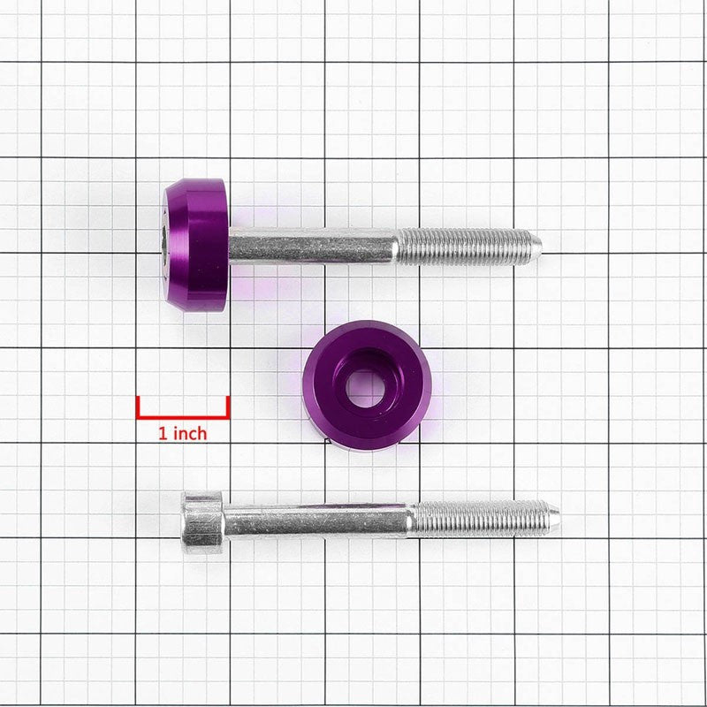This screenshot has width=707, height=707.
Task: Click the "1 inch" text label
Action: pyautogui.click(x=182, y=433)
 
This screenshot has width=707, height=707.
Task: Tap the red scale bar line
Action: pyautogui.click(x=183, y=414)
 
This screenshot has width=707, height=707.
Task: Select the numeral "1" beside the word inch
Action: pyautogui.click(x=162, y=433)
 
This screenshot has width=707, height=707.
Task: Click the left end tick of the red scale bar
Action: pyautogui.click(x=138, y=406)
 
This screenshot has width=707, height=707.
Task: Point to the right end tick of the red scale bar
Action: pyautogui.click(x=228, y=406)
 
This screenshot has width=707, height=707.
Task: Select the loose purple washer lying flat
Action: pyautogui.click(x=366, y=384)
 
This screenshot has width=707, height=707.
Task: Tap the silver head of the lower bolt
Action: pyautogui.click(x=202, y=521)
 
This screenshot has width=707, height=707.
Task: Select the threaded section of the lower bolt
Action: pyautogui.click(x=482, y=518)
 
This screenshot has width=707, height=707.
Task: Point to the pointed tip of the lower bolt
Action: pyautogui.click(x=556, y=514)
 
